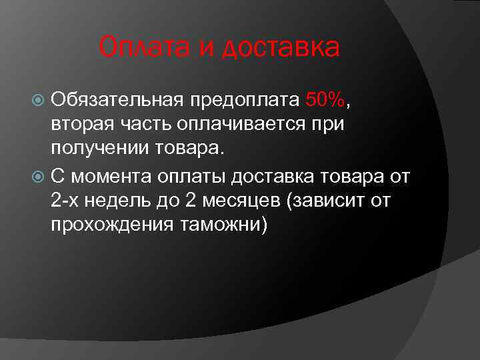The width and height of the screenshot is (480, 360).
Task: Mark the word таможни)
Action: pyautogui.click(x=224, y=225)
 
